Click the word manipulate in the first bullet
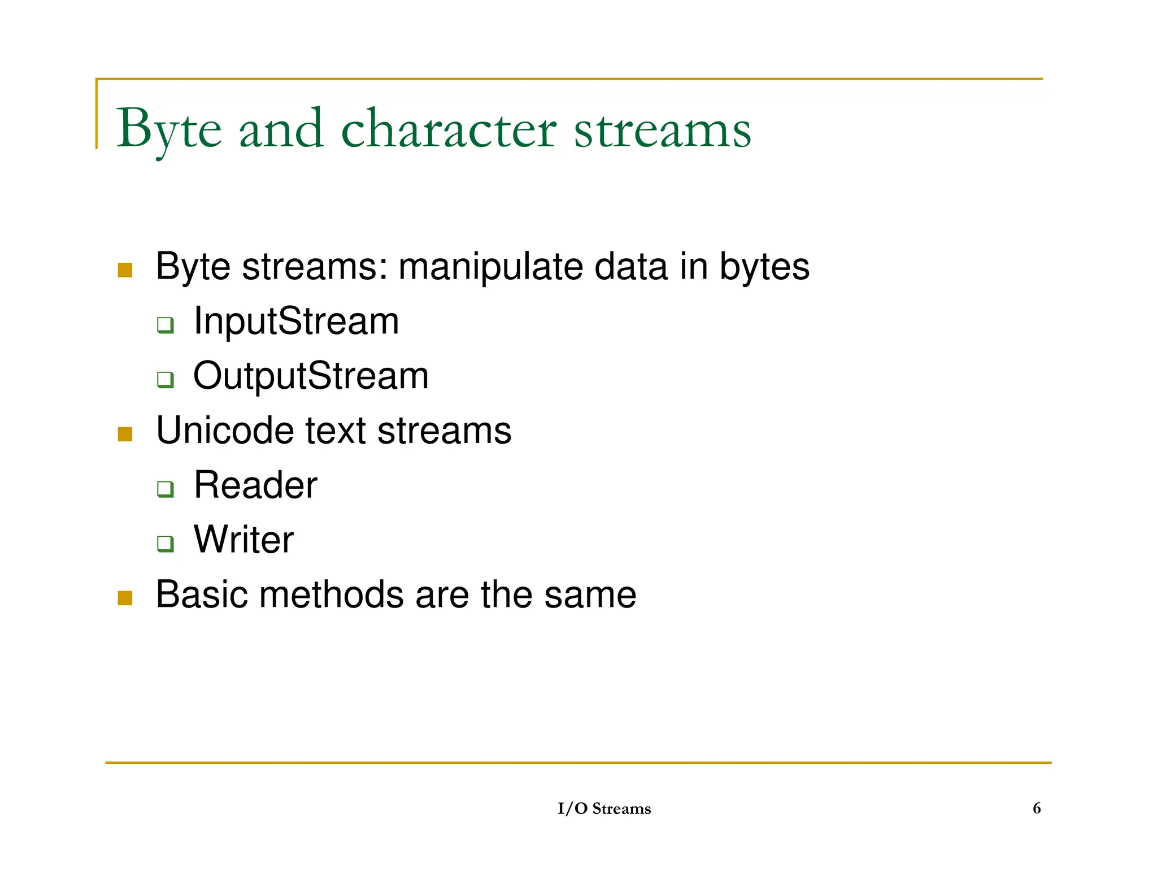pyautogui.click(x=490, y=267)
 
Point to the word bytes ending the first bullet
pyautogui.click(x=764, y=267)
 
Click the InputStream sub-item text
pyautogui.click(x=296, y=321)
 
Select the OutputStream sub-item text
pyautogui.click(x=311, y=376)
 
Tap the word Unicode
pyautogui.click(x=224, y=431)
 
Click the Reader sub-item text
pyautogui.click(x=255, y=485)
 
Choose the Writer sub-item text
pyautogui.click(x=243, y=540)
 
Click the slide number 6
pyautogui.click(x=1036, y=808)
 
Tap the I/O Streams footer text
pyautogui.click(x=604, y=809)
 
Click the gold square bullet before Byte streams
pyautogui.click(x=125, y=270)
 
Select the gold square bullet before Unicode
pyautogui.click(x=125, y=434)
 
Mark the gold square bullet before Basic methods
pyautogui.click(x=125, y=598)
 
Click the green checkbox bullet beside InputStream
pyautogui.click(x=165, y=325)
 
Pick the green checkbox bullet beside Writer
pyautogui.click(x=165, y=544)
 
